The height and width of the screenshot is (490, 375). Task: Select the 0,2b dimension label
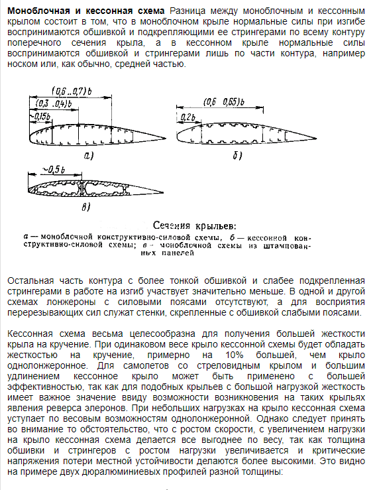pyautogui.click(x=188, y=117)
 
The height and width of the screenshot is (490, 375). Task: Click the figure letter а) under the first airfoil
pyautogui.click(x=87, y=156)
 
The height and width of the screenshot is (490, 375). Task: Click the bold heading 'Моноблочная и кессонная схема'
pyautogui.click(x=85, y=11)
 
